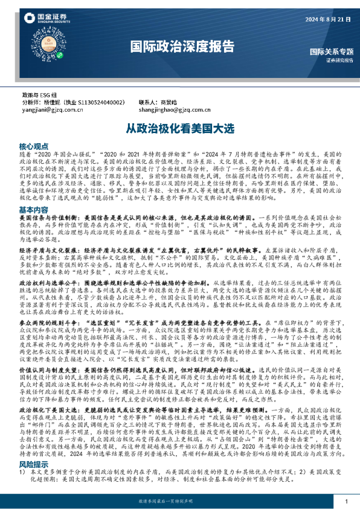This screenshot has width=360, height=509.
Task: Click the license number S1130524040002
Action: (x=99, y=103)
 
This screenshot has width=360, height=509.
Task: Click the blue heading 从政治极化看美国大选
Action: (x=179, y=129)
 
